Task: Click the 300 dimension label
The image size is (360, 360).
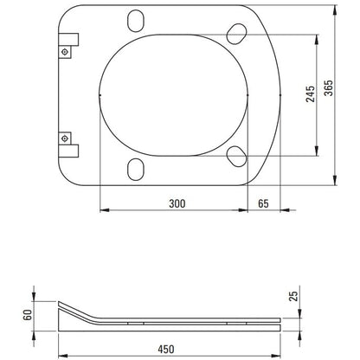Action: click(177, 203)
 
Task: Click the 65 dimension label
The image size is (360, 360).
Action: click(263, 203)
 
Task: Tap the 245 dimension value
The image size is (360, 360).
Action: click(311, 94)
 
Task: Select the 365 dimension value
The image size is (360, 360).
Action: click(328, 88)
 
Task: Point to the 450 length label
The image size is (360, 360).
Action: click(166, 350)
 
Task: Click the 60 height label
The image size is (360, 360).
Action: click(28, 315)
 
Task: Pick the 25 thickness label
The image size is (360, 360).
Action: click(293, 296)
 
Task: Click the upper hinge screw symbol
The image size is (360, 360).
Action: click(65, 52)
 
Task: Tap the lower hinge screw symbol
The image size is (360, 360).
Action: click(65, 138)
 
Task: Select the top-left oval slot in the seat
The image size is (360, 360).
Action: click(136, 21)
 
